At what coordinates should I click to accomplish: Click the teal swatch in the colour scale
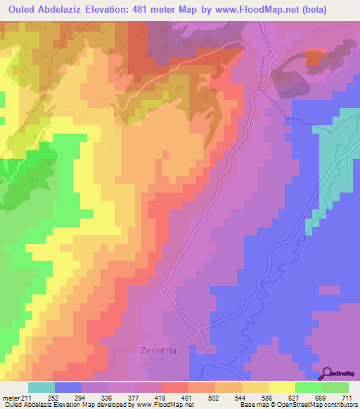coord(41,387)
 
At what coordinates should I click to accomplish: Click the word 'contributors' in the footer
coord(340,405)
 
